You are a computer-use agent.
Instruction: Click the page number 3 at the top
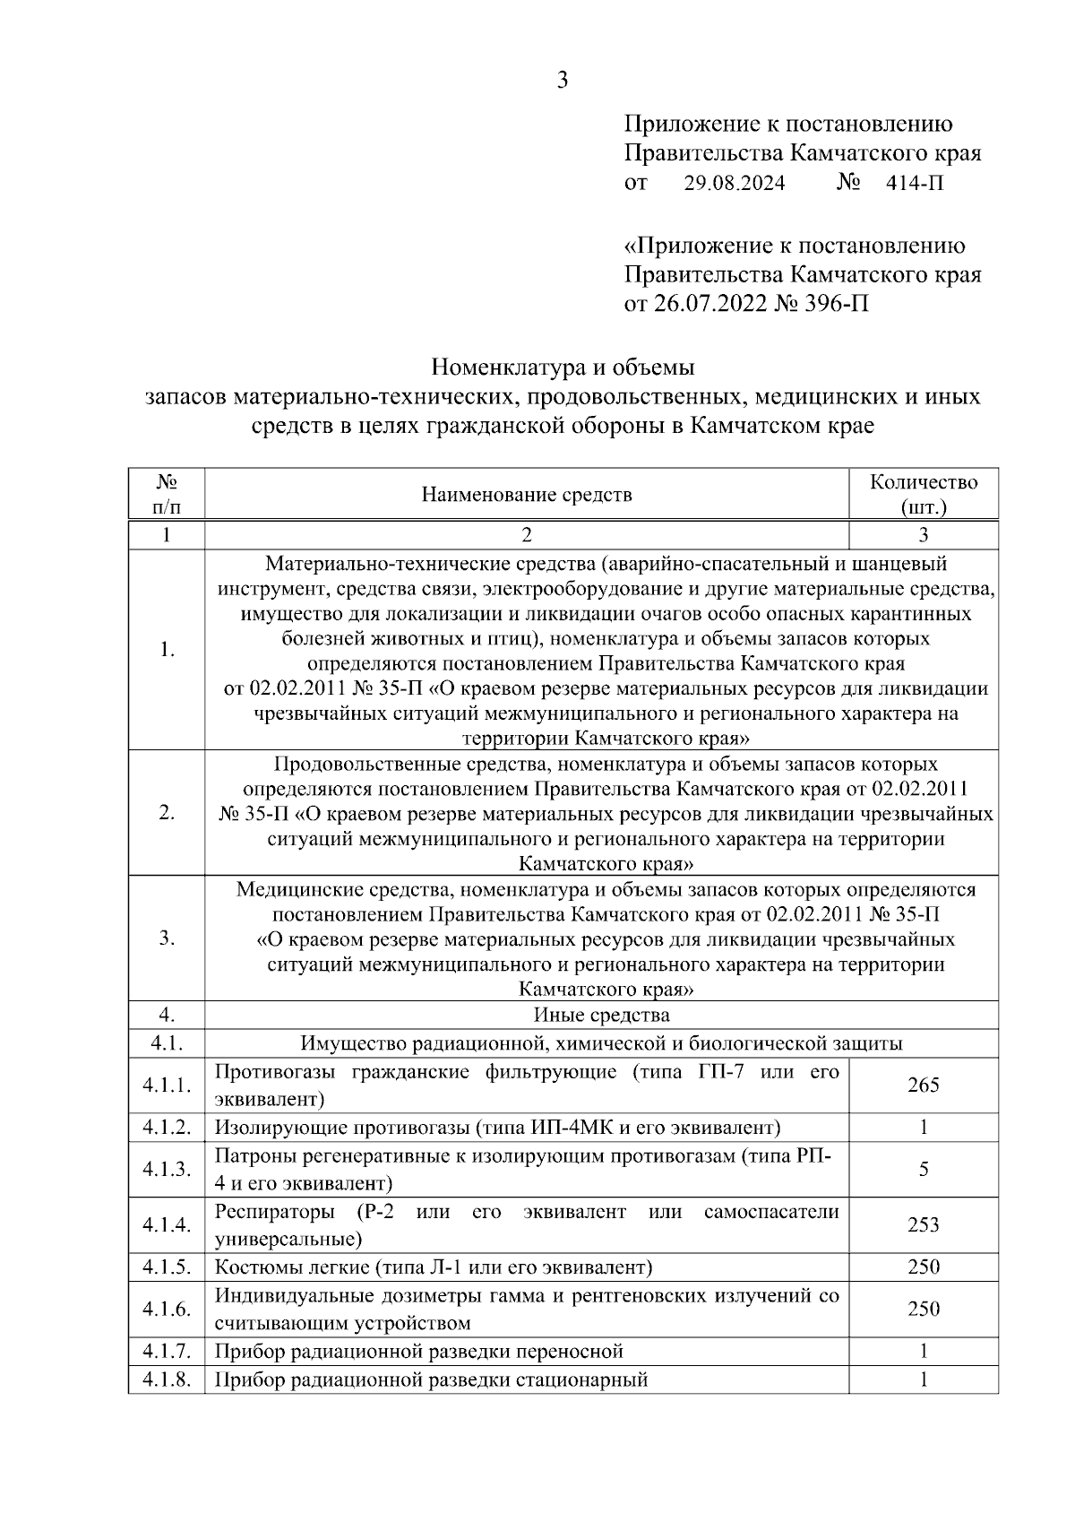[562, 81]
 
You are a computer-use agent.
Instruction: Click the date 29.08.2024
[735, 184]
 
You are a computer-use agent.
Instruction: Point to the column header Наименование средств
[527, 495]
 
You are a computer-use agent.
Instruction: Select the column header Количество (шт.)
[924, 495]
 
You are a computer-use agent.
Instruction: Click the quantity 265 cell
[924, 1085]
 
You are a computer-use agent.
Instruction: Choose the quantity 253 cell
[924, 1225]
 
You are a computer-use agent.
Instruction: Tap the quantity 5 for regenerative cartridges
[924, 1170]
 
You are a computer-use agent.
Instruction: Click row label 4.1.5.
[167, 1267]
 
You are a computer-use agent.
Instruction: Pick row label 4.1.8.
[167, 1379]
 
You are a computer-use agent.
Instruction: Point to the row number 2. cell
[167, 813]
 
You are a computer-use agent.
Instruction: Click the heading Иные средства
[601, 1016]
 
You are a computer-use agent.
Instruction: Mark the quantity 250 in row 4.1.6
[924, 1310]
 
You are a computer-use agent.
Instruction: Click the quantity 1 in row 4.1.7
[924, 1352]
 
